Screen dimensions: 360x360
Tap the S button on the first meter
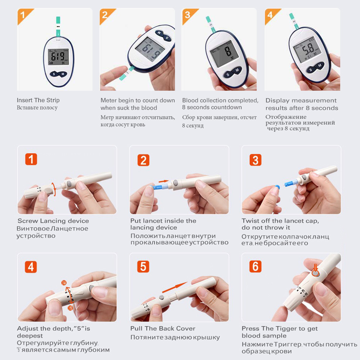pos(54,74)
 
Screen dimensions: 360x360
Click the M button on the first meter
pos(63,74)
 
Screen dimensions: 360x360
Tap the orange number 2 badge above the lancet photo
pos(143,160)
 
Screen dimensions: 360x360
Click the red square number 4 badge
pos(31,267)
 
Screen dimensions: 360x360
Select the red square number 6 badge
pos(255,266)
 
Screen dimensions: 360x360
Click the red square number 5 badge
pos(143,266)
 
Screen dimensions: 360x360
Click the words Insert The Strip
pos(38,100)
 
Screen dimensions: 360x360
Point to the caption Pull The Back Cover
pos(163,329)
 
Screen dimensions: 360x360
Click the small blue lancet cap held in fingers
pos(277,187)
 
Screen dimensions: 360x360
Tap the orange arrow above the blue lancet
pos(163,181)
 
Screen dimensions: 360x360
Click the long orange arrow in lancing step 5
pos(175,287)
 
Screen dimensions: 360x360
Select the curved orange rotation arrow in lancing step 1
pos(54,189)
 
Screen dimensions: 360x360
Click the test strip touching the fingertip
pos(126,73)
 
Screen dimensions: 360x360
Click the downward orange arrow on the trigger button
pos(315,268)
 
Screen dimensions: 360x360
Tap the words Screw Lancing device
pos(53,221)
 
